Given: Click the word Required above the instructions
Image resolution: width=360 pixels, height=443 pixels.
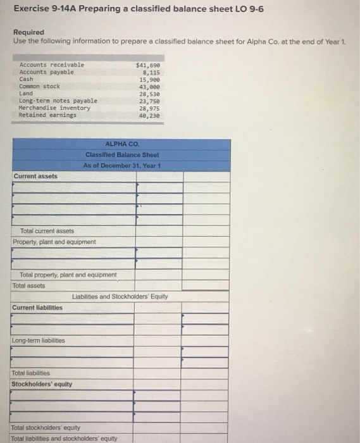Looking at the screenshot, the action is pos(28,32).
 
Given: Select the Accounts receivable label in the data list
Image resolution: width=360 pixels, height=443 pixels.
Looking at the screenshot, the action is pos(51,65).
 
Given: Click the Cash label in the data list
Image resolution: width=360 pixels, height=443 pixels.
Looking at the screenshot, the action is pos(27,79).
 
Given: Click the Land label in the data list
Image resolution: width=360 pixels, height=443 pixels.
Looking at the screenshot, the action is pos(27,93).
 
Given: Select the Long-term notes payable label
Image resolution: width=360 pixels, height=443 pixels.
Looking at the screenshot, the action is pos(58,101).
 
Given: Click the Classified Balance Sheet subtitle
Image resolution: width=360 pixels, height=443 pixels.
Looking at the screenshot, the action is pos(122,154).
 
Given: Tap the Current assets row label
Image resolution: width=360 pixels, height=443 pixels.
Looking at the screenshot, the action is pos(35,176).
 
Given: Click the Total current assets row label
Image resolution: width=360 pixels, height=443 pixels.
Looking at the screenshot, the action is pos(47,231).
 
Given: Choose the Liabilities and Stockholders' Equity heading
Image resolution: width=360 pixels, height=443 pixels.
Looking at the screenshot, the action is pos(120,296).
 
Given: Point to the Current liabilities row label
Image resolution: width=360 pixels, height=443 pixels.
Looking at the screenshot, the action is pos(37,308).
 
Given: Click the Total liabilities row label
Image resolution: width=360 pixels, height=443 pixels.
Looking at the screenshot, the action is pos(31,373).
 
